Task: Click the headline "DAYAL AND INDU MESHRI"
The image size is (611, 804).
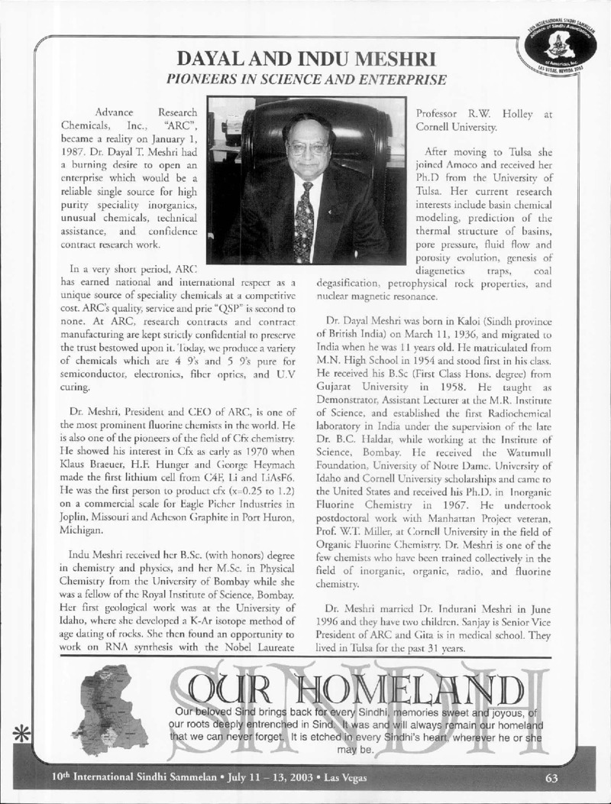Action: pos(306,59)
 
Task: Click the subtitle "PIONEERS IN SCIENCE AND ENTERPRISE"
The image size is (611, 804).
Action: pos(305,79)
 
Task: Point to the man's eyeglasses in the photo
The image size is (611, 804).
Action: pos(306,147)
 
